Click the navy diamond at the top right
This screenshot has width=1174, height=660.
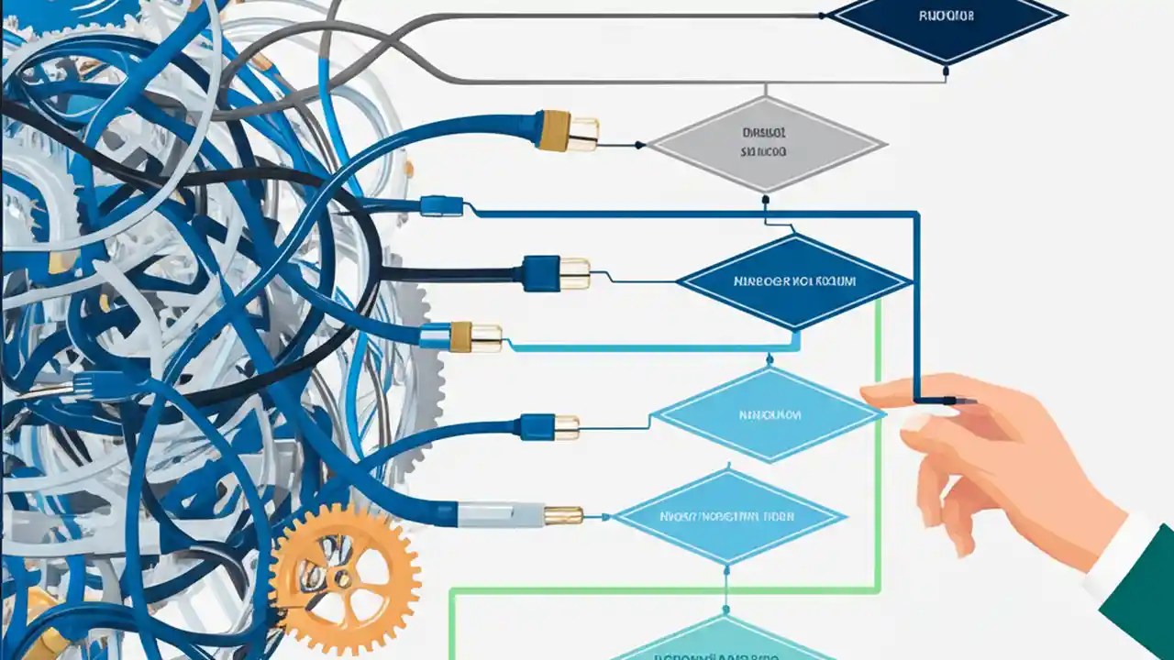click(946, 17)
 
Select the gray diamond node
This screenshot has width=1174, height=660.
click(766, 144)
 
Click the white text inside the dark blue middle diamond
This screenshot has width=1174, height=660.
click(794, 281)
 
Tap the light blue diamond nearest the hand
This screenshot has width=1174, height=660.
click(769, 414)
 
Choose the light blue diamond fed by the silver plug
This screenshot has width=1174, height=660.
click(729, 516)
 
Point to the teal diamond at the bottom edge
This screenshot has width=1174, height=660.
click(725, 642)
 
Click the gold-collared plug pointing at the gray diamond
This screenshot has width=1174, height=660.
click(568, 131)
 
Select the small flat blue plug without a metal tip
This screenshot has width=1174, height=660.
click(441, 206)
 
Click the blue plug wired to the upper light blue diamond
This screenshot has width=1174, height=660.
click(549, 426)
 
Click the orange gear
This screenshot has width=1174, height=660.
click(346, 578)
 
